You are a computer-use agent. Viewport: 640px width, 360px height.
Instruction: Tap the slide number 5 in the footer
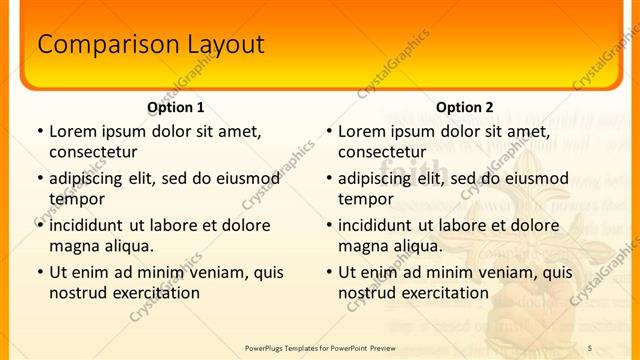[590, 347]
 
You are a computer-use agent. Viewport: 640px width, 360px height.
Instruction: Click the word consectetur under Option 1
[93, 152]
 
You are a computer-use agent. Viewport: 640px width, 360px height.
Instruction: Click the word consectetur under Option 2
[382, 152]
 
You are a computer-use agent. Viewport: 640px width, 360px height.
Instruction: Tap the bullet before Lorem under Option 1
[40, 131]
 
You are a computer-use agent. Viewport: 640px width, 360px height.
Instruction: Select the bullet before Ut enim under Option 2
[329, 272]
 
